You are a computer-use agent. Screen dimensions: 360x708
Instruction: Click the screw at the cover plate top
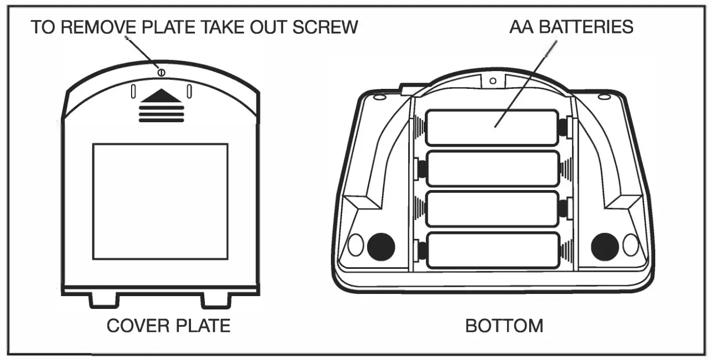click(161, 72)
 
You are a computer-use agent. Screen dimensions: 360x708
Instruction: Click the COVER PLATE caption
click(168, 326)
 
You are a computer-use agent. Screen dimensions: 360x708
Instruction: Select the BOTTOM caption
click(504, 326)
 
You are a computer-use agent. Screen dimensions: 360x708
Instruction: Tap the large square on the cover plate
click(160, 201)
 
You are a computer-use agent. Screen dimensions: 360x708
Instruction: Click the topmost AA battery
click(492, 127)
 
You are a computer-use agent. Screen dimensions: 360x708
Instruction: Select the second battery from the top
click(492, 168)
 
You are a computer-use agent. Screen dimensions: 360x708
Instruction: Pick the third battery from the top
click(492, 208)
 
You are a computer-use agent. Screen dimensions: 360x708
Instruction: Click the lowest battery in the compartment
click(492, 250)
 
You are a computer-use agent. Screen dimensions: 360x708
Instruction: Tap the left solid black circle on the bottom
click(381, 246)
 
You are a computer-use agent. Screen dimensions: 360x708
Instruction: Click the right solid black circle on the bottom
click(605, 246)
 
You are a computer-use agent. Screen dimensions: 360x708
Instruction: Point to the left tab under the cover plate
click(104, 299)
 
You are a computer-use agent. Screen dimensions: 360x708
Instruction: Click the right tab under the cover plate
click(215, 299)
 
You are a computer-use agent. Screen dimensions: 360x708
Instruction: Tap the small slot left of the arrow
click(133, 91)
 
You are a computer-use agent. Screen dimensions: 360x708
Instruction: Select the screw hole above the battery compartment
click(493, 81)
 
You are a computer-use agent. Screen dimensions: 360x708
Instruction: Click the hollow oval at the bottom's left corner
click(355, 245)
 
